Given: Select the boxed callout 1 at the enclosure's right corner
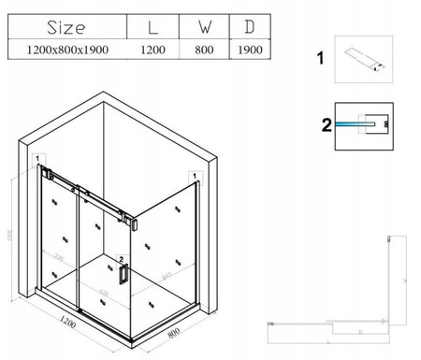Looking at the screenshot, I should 193,174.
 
